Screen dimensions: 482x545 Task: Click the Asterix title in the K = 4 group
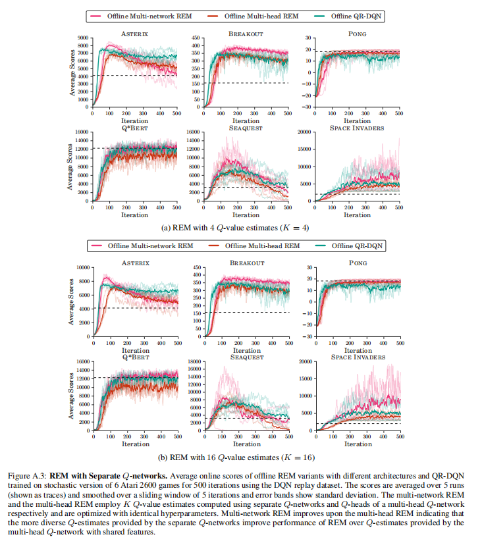[134, 34]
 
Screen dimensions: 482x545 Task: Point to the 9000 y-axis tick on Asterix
[83, 38]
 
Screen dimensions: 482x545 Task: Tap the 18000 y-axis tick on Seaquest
[194, 361]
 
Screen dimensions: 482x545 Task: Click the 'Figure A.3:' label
[27, 476]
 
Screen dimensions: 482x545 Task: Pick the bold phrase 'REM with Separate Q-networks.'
[109, 476]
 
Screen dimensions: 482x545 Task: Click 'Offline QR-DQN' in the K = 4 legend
[356, 16]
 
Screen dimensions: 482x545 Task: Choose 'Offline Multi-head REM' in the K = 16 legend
[262, 246]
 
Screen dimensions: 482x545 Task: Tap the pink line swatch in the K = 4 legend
[95, 16]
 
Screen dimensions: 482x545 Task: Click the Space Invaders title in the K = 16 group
[358, 357]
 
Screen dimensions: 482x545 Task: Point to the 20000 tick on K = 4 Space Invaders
[304, 132]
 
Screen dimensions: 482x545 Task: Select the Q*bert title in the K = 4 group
[134, 128]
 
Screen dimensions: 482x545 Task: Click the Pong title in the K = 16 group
[358, 263]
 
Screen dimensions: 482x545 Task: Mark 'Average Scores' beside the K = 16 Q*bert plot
[71, 396]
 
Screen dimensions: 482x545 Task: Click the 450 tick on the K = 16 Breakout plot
[197, 267]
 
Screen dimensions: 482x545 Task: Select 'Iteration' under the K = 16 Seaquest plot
[247, 444]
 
